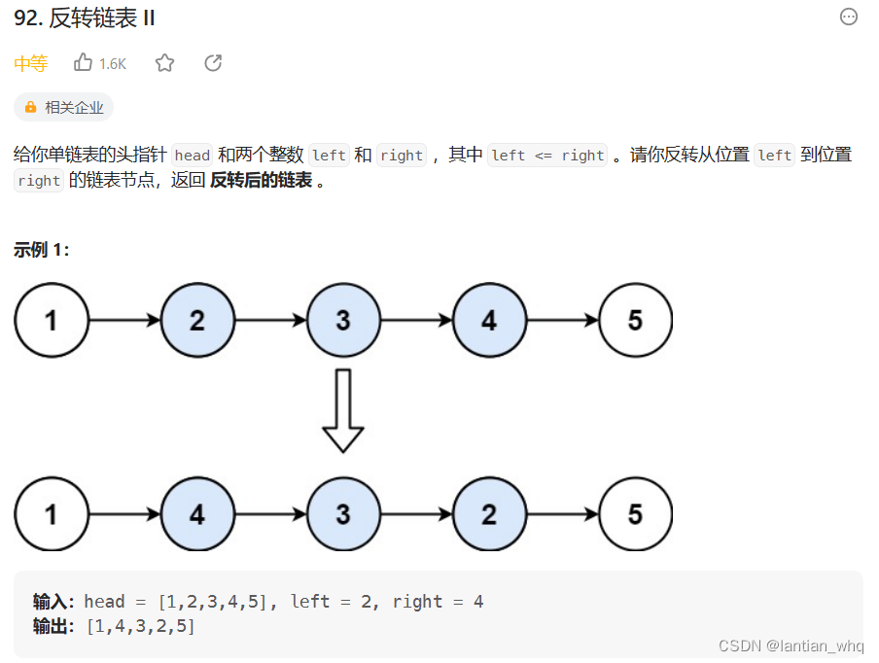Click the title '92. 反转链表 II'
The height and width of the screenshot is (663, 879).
pos(85,18)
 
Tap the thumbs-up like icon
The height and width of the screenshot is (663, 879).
pos(84,63)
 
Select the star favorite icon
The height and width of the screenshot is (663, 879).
pos(165,63)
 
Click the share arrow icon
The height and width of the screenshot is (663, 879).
pos(214,63)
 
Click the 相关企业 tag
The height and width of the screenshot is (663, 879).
pos(64,107)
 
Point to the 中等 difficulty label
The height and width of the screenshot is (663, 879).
pos(30,64)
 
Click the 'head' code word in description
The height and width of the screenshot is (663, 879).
pos(192,156)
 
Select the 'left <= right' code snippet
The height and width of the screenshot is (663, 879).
pos(547,156)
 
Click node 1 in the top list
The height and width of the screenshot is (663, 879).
pos(52,320)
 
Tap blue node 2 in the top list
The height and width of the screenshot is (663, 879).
pos(197,320)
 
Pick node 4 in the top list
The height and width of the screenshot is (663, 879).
pos(489,320)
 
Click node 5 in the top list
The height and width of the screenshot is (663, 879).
pos(635,320)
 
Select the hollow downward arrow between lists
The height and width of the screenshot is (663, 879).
pos(343,409)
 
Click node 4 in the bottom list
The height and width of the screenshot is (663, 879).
pos(197,513)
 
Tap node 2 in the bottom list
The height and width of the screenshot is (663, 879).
pos(489,513)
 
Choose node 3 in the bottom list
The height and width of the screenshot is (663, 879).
pos(343,513)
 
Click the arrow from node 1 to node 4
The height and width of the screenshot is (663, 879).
pos(124,513)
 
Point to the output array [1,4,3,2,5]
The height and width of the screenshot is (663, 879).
pos(141,627)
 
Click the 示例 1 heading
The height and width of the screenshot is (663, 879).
pos(41,250)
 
